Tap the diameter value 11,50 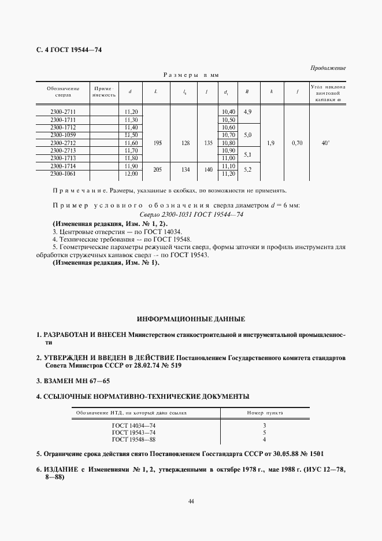click(x=131, y=135)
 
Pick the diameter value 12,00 click(x=131, y=173)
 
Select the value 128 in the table click(x=186, y=142)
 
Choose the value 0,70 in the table click(x=296, y=142)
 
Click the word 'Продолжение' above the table click(x=328, y=68)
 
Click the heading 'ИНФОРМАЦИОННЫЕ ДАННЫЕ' click(x=191, y=318)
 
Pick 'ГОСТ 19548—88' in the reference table click(x=134, y=439)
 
